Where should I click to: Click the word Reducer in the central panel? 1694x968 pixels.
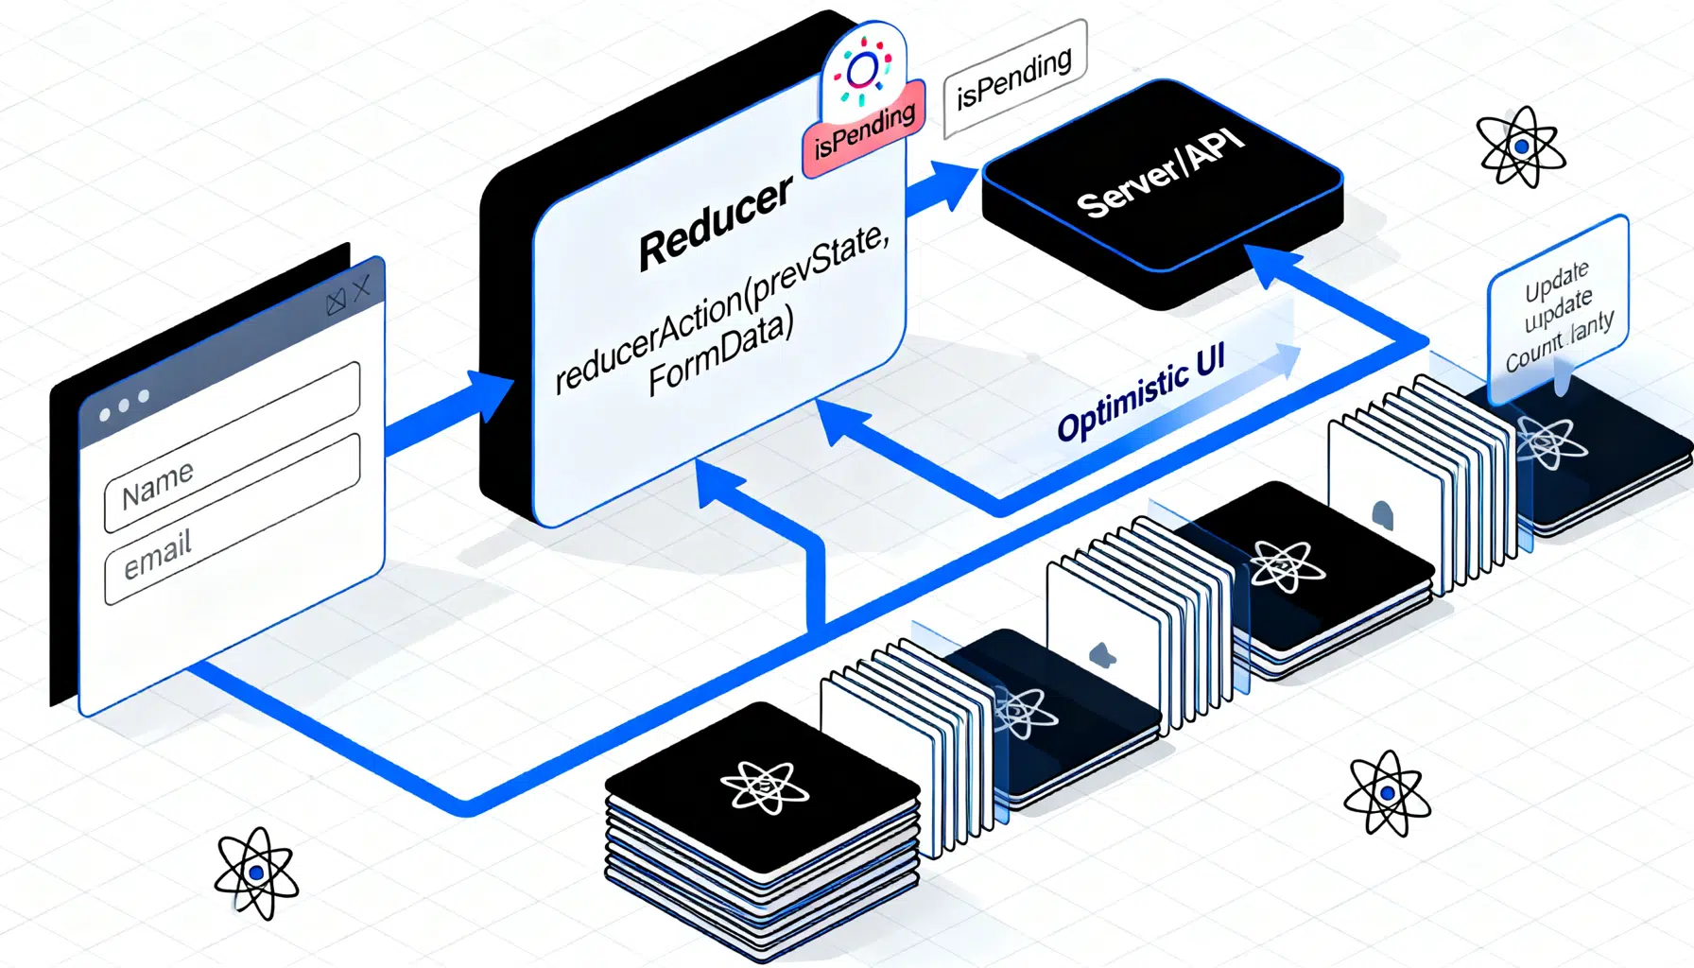[x=716, y=223]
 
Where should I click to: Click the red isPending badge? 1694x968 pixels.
[x=864, y=132]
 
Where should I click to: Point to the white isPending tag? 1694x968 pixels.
[x=1014, y=78]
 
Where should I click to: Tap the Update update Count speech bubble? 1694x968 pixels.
[x=1558, y=312]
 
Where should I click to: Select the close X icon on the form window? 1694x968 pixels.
[x=361, y=288]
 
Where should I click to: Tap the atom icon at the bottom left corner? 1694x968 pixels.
[x=256, y=873]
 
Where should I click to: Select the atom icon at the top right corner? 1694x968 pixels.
[x=1520, y=147]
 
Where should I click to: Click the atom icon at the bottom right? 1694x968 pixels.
[x=1387, y=793]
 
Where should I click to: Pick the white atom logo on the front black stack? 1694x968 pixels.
[x=764, y=786]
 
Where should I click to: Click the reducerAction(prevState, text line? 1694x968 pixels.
[x=722, y=307]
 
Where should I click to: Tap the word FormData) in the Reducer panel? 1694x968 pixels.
[x=720, y=353]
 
